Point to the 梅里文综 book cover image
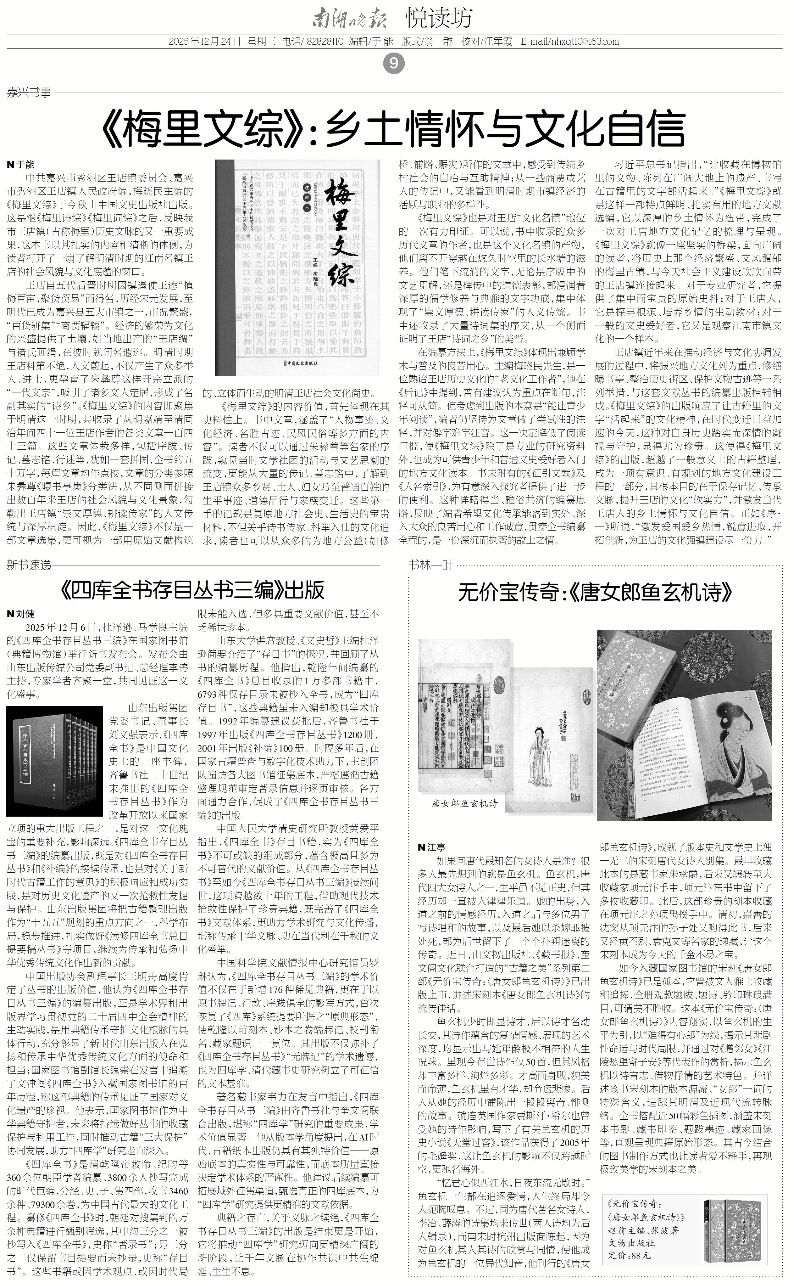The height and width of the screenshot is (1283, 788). (297, 267)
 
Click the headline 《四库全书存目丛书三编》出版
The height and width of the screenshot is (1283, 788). (193, 590)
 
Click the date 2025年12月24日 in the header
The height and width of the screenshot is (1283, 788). (204, 42)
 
